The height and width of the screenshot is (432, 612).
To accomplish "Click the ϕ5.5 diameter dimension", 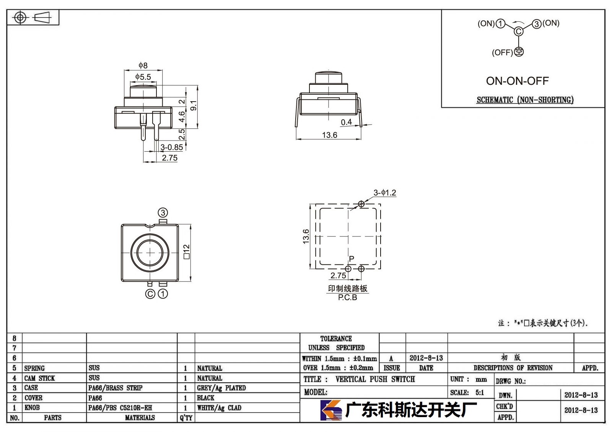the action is point(143,77).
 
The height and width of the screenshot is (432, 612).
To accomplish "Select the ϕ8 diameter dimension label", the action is point(143,65).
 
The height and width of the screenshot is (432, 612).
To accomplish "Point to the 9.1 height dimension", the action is point(194,105).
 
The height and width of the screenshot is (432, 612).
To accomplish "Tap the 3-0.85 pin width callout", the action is point(172,147).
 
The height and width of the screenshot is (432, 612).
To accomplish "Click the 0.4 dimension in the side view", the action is point(346,122).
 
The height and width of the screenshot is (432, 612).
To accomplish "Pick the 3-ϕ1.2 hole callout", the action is point(385,193).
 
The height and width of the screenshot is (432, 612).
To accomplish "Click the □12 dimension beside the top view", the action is point(186,252).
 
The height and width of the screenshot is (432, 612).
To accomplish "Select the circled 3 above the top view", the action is point(163,213).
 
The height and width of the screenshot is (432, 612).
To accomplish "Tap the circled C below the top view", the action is point(150,294).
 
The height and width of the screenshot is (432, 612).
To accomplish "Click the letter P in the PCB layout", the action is point(352,259).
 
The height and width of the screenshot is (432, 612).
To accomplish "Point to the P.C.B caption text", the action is point(348,298).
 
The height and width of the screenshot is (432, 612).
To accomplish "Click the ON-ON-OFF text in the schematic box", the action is point(517,81).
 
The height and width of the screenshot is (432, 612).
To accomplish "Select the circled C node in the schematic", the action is point(518,32).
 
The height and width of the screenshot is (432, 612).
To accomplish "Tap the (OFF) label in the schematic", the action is point(502,52).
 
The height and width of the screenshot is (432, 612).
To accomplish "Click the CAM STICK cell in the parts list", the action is point(40,378).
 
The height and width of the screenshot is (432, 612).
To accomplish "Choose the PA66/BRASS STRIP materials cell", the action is point(115,388).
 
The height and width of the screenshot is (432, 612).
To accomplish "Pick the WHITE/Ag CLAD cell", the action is point(219,408).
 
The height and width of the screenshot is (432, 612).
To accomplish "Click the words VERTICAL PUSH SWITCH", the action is point(375,379).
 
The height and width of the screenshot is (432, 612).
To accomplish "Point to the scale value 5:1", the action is point(480,392).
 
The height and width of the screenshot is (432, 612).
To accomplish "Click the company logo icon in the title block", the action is point(331,410).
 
